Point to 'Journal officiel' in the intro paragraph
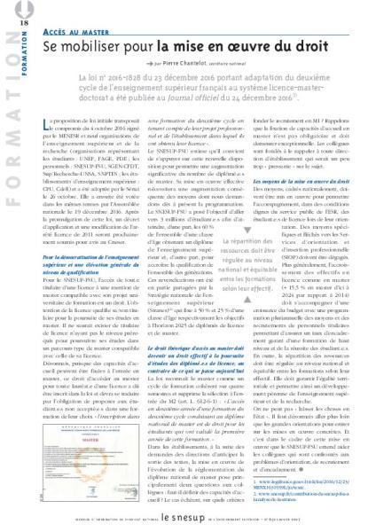(230, 113)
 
